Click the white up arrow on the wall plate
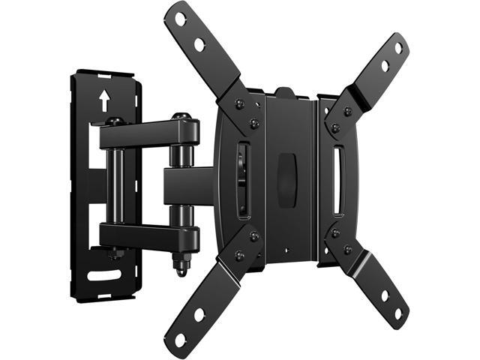tap(103, 97)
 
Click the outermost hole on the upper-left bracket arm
tap(180, 19)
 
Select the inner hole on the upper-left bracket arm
tap(199, 44)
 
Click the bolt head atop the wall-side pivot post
tap(115, 121)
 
